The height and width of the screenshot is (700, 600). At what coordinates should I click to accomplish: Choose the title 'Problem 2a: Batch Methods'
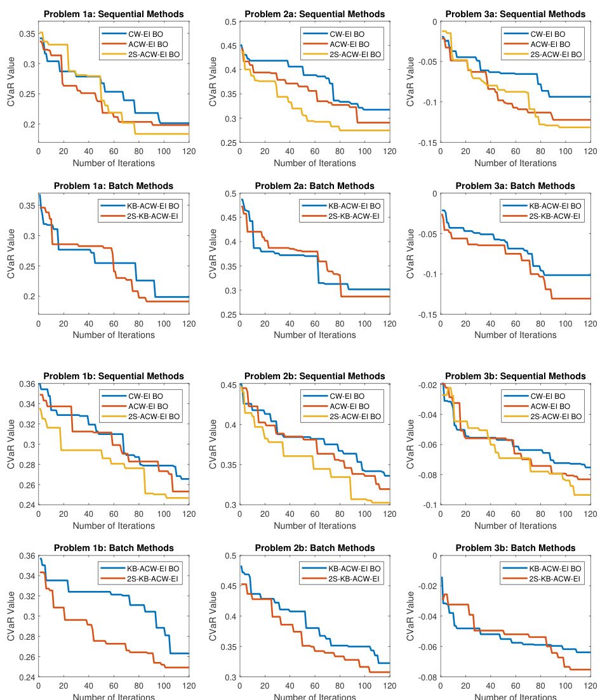(x=314, y=186)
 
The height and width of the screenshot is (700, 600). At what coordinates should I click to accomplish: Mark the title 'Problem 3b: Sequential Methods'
(x=515, y=375)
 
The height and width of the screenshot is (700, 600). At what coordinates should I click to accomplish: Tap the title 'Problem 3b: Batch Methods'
(x=515, y=548)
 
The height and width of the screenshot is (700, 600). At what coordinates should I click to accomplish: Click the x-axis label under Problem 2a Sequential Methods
(x=314, y=163)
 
